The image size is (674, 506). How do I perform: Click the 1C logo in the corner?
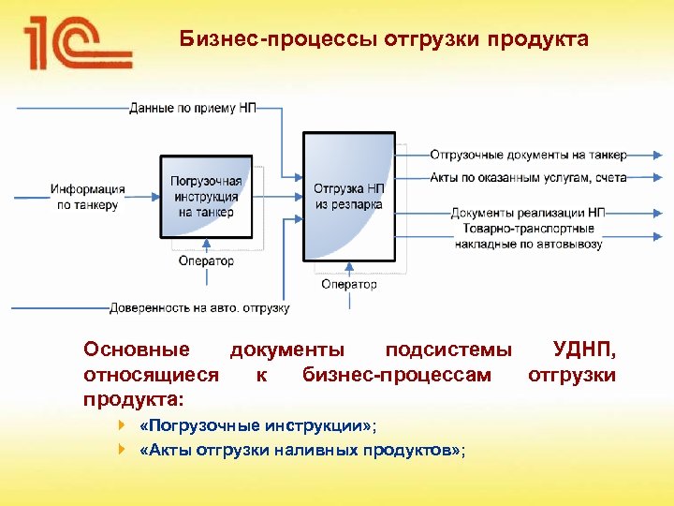coord(78,45)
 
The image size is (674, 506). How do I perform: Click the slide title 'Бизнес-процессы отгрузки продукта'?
coord(384,40)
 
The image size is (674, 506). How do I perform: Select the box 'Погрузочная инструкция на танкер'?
coord(206,198)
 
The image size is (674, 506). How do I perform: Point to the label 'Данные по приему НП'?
coord(192,108)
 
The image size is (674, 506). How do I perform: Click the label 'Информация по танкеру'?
coord(87,197)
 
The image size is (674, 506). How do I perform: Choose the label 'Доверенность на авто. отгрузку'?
coord(199,307)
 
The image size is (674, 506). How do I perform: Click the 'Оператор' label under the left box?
coord(206,261)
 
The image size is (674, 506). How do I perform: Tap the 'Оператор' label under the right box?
coord(348,284)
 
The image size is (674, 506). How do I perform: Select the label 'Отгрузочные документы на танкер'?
coord(528,155)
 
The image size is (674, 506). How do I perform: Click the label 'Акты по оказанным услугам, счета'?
coord(528,177)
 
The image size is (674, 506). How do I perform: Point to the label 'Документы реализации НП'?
coord(528,213)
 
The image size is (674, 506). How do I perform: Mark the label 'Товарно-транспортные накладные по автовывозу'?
coord(528,236)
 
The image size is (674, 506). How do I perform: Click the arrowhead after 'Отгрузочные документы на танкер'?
coord(660,155)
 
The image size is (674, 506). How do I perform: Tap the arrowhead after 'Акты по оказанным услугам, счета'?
coord(660,177)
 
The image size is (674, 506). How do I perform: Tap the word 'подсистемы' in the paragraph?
coord(448,350)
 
